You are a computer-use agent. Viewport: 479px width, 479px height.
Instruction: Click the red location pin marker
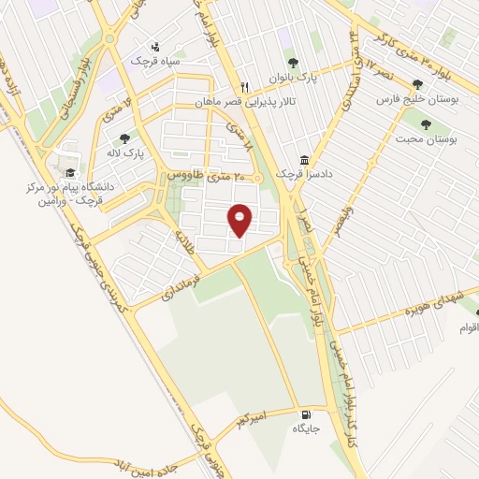click(241, 219)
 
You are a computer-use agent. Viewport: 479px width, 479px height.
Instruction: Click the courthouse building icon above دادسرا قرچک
click(303, 160)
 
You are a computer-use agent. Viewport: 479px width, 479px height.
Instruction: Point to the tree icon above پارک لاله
click(124, 138)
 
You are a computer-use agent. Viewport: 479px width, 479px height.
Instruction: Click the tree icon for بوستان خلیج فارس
click(430, 84)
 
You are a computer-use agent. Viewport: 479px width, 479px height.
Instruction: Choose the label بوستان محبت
click(427, 138)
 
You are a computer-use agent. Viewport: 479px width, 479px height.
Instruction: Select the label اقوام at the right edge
click(469, 327)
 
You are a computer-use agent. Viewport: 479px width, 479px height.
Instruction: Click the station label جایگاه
click(307, 428)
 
